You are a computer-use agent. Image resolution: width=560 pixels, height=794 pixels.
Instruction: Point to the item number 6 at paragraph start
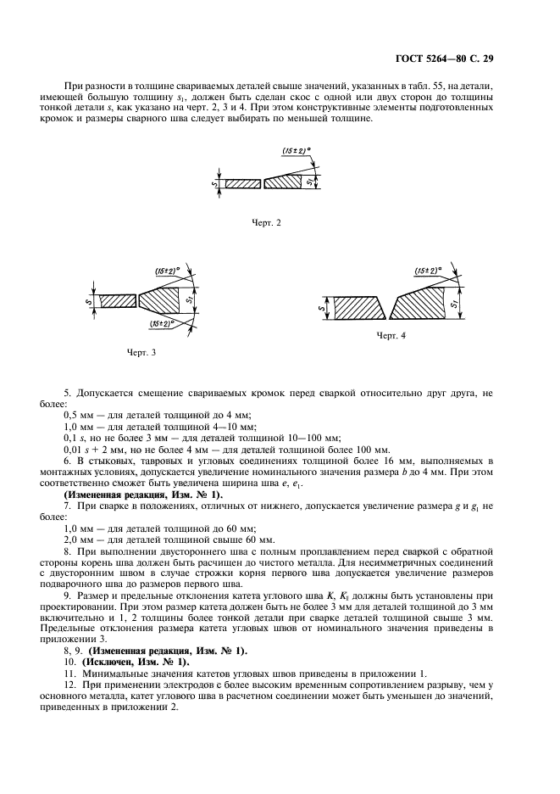coord(68,460)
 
